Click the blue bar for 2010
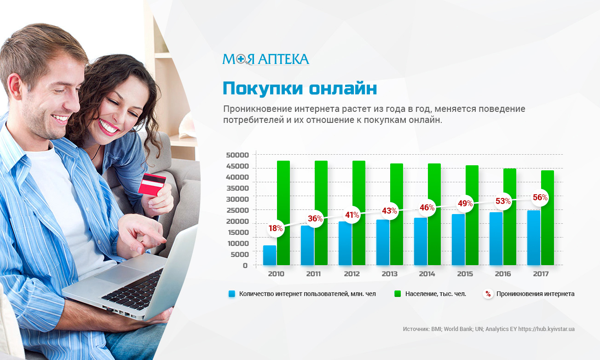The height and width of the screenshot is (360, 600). pos(270,255)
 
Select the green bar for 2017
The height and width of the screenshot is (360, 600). pos(547,218)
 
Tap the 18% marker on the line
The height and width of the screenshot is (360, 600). pos(276,228)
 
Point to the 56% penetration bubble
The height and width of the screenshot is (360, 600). pos(540,197)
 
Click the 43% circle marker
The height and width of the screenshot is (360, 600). pos(389,211)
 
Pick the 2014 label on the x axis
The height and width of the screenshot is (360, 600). pos(427,274)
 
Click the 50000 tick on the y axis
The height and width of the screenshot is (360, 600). pos(237,155)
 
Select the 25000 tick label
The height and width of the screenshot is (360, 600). pos(237,210)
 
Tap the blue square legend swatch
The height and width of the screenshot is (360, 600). pos(232,294)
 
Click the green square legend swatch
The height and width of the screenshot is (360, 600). pos(398,294)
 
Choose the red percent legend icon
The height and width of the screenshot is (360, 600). pos(488,294)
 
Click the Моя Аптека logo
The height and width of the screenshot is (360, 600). pos(265,59)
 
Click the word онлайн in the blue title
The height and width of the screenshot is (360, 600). pos(343,88)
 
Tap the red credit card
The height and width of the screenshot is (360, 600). pos(152,184)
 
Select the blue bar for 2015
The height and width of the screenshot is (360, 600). pos(458,240)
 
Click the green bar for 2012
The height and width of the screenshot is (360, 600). pos(358,213)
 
